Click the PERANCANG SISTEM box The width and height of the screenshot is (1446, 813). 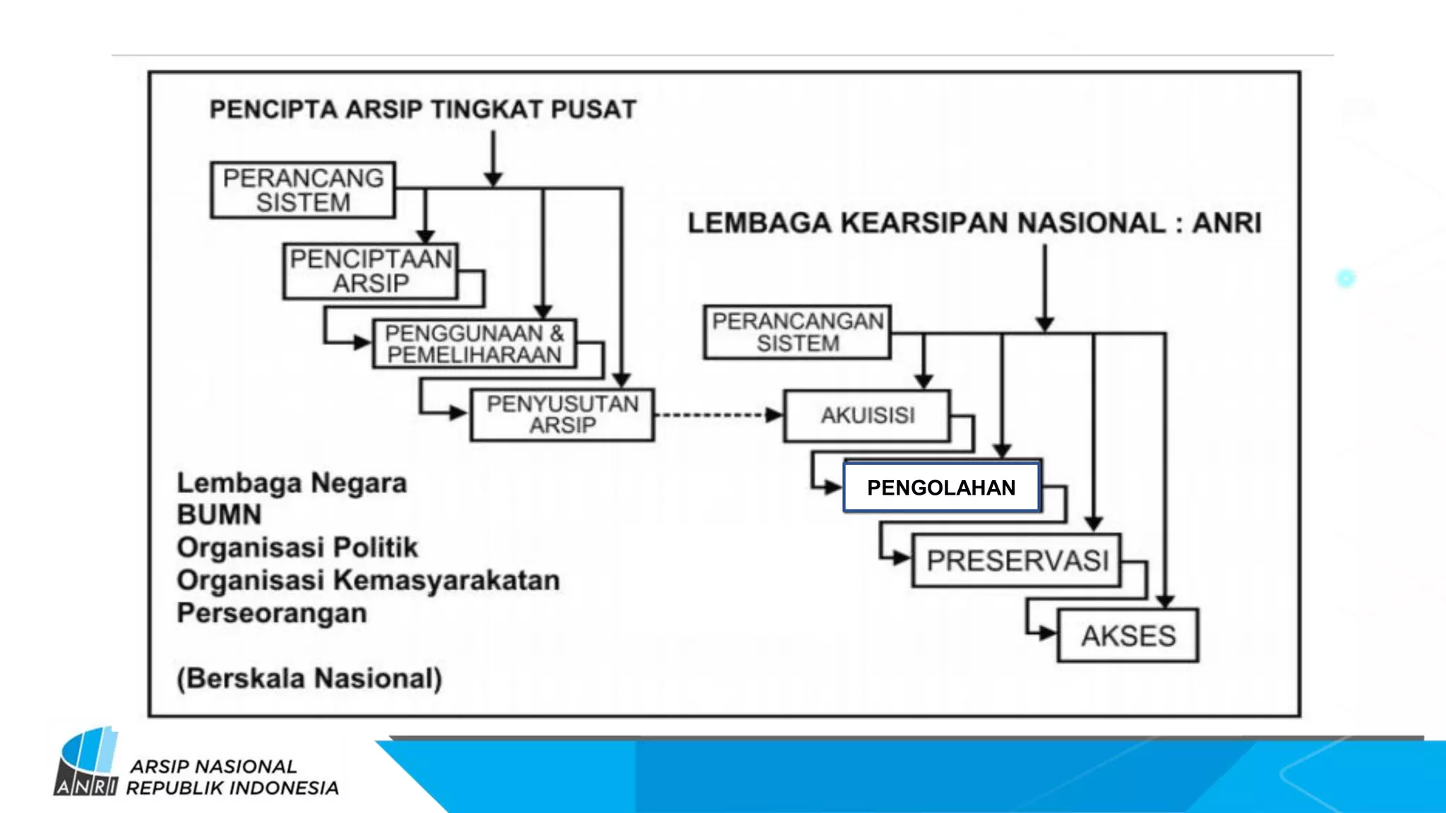coord(303,190)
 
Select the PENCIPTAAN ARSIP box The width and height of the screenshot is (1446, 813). coord(371,272)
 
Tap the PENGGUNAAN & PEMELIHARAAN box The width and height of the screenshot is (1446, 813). coord(474,344)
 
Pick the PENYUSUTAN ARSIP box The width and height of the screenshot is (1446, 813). coord(563,415)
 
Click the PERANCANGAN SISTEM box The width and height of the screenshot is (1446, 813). coord(797,332)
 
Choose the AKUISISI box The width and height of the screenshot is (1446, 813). coord(867,416)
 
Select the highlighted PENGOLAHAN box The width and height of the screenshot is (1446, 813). coord(941,488)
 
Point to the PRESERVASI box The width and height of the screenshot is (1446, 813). coord(1017,561)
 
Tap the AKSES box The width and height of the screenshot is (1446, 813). coord(1128,636)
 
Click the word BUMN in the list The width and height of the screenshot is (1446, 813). coord(219,515)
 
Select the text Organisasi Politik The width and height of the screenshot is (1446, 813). coord(297,548)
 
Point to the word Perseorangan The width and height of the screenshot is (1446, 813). coord(272,613)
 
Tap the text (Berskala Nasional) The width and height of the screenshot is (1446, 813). coord(309,678)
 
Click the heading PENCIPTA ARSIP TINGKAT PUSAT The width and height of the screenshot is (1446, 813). coord(423,109)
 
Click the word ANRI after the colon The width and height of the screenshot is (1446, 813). coord(1226,223)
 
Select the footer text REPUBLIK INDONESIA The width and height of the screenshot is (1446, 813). coord(232,788)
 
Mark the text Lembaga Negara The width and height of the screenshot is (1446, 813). coord(292,483)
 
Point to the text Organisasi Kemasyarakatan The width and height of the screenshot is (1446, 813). coord(368,580)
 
